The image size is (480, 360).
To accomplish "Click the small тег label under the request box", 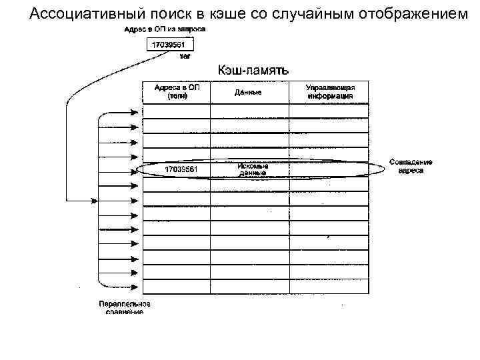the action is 185,57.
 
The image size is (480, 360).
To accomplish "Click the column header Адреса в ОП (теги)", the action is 177,91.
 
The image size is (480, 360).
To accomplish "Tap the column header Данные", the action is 248,92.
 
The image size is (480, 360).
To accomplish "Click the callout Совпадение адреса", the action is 411,166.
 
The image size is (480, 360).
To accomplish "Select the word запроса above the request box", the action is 191,30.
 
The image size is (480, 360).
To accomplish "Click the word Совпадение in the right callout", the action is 411,162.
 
